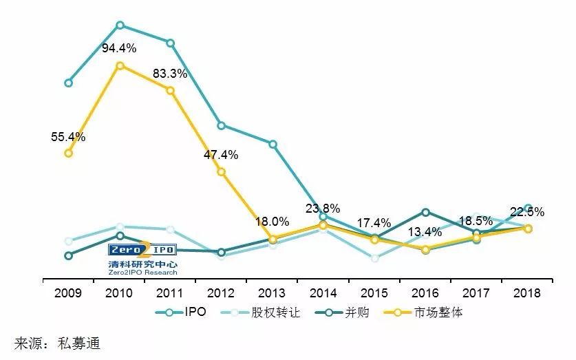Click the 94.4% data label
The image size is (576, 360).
(120, 48)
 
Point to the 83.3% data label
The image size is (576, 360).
(170, 74)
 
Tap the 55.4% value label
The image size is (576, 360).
(68, 137)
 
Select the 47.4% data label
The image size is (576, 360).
(221, 155)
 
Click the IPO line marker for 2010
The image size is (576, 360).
(120, 25)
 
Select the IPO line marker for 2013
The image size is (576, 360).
(273, 145)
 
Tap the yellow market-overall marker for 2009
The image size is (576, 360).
(68, 153)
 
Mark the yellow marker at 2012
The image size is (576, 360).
(222, 172)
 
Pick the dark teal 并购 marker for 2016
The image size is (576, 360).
(426, 212)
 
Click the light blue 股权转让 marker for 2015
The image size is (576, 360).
(374, 258)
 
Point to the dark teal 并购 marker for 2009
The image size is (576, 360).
(68, 256)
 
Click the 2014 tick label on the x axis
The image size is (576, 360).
(323, 293)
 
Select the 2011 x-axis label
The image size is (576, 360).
(170, 293)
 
